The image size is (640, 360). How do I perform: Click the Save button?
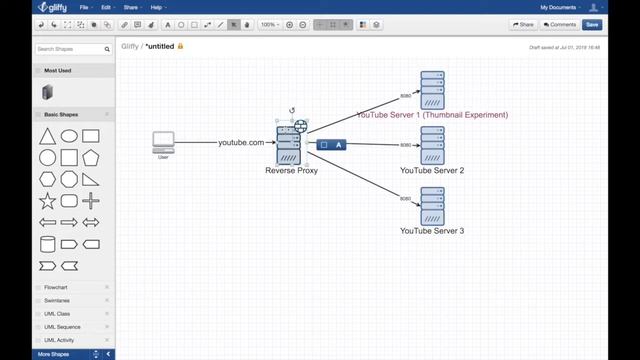point(592,24)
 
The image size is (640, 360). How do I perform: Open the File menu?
point(86,7)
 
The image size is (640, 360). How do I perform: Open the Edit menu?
point(106,7)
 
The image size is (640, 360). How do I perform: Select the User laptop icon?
point(163,141)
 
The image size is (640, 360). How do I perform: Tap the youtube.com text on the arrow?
point(241,143)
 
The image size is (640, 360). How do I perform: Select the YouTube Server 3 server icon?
point(432,206)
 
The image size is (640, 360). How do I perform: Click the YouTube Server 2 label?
point(432,171)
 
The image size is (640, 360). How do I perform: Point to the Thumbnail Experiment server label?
point(432,115)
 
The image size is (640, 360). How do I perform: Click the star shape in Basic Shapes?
point(47,200)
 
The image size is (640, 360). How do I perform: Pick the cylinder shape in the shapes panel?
point(47,244)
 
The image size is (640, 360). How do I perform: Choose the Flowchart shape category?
point(55,287)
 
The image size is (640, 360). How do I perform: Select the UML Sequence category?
point(62,327)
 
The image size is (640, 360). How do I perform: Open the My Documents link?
point(560,7)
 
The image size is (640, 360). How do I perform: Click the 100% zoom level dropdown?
point(269,24)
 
